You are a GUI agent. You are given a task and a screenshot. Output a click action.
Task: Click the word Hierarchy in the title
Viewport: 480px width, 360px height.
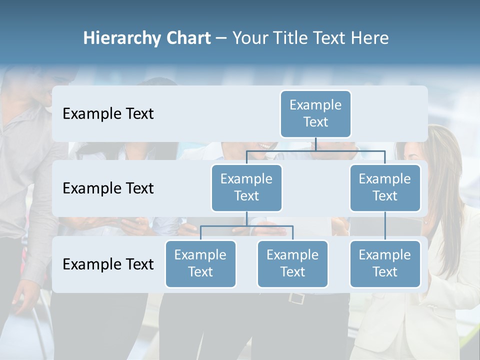pyautogui.click(x=121, y=38)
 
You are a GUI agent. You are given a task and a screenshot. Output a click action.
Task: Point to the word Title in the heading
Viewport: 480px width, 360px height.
pyautogui.click(x=296, y=38)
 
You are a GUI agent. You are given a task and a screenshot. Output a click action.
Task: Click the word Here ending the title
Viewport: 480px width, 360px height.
pyautogui.click(x=370, y=38)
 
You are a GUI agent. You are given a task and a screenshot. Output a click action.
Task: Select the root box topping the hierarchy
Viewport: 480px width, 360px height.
pyautogui.click(x=315, y=114)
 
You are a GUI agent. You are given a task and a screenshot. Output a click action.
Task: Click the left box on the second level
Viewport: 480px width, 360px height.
pyautogui.click(x=246, y=188)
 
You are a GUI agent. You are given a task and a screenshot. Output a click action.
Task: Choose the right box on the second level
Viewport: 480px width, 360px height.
pyautogui.click(x=385, y=188)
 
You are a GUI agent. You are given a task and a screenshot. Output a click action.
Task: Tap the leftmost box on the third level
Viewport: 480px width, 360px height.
pyautogui.click(x=200, y=264)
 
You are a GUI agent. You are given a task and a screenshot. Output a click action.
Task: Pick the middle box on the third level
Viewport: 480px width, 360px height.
pyautogui.click(x=292, y=264)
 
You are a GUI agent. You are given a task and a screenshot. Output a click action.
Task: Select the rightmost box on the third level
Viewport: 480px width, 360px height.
pyautogui.click(x=385, y=264)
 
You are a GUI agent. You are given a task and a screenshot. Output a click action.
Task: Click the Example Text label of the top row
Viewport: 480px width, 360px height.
pyautogui.click(x=108, y=114)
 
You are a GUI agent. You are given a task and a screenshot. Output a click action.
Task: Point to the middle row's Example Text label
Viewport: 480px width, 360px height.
pyautogui.click(x=108, y=188)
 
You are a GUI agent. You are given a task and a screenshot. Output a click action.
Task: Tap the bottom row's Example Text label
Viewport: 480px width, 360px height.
pyautogui.click(x=108, y=264)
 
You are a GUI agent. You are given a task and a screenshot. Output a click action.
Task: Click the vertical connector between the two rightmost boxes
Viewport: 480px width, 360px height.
pyautogui.click(x=385, y=226)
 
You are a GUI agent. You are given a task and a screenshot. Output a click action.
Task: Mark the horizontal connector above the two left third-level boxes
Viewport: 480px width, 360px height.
pyautogui.click(x=246, y=226)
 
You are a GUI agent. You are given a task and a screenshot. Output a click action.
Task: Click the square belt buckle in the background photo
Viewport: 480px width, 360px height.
pyautogui.click(x=296, y=298)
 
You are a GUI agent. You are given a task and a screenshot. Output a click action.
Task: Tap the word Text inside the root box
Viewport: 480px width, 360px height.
pyautogui.click(x=315, y=122)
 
